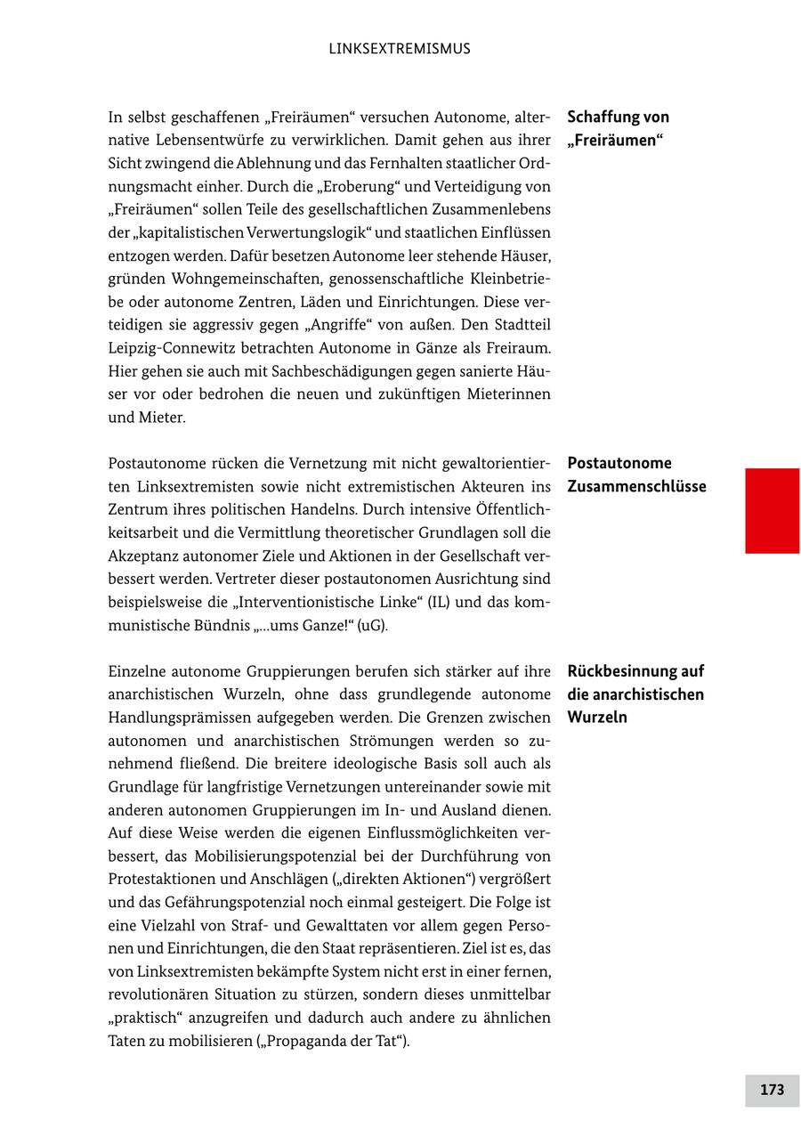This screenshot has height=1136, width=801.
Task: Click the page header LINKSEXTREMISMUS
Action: [400, 49]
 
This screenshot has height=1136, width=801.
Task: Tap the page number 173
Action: [772, 1090]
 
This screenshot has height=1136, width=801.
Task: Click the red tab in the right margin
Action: [772, 510]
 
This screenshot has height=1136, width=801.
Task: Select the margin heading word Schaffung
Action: [604, 118]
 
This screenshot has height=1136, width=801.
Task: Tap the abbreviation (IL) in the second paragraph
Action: [439, 602]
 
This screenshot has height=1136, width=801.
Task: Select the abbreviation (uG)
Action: [373, 625]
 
